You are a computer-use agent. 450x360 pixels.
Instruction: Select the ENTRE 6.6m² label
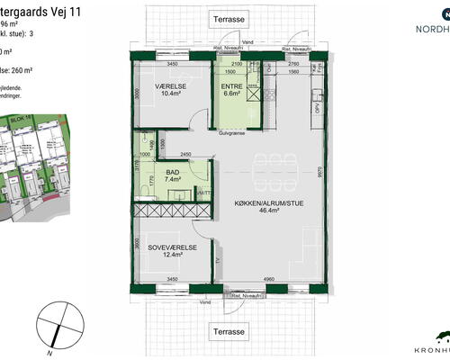tap(231, 88)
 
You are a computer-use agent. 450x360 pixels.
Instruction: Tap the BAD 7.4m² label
tap(173, 175)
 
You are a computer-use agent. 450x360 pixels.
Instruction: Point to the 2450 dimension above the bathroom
tap(188, 155)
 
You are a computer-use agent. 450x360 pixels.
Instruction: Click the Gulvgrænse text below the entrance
tap(232, 130)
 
